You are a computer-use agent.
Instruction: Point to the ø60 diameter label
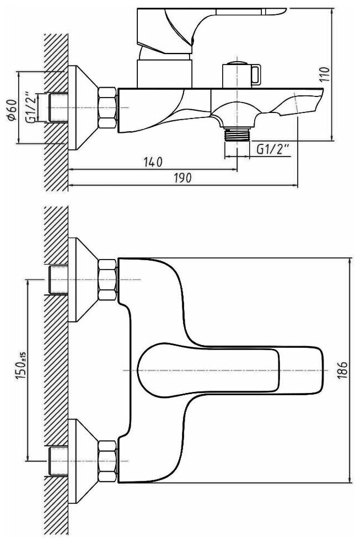click(x=13, y=111)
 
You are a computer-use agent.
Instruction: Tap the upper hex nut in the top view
click(x=108, y=280)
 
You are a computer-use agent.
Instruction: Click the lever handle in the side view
click(x=221, y=22)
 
